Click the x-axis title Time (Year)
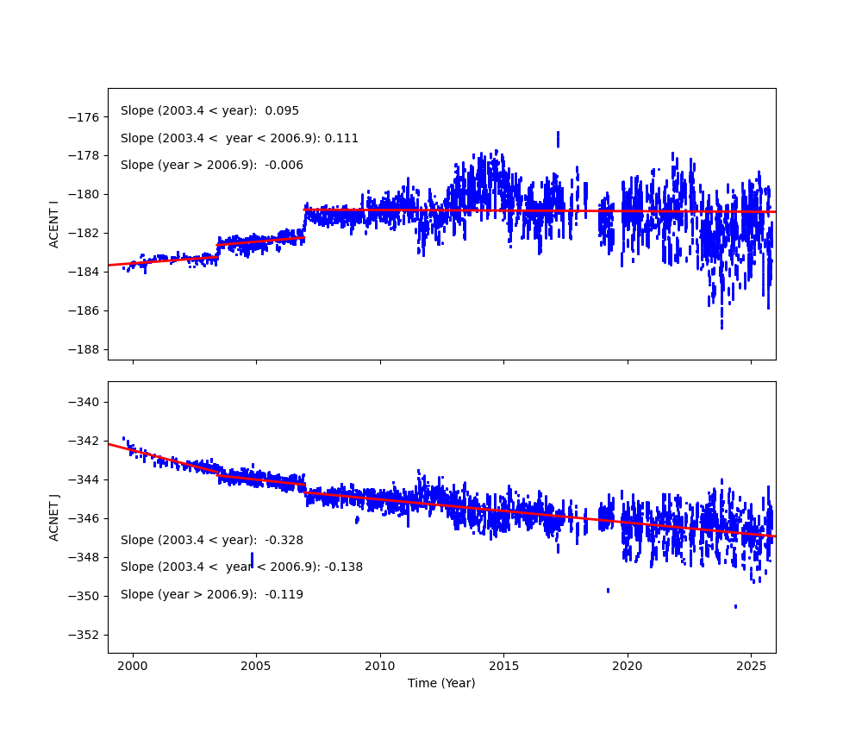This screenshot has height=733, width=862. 441,683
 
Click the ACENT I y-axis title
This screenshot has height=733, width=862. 54,224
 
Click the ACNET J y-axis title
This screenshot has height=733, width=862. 54,517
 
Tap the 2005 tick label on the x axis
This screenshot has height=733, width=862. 256,667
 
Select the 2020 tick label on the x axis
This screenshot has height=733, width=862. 627,667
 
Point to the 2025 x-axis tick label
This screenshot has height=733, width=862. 750,667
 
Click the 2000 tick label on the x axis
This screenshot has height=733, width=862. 133,667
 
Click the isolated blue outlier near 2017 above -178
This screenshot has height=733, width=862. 558,139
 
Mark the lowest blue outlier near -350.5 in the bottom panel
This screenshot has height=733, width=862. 735,606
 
